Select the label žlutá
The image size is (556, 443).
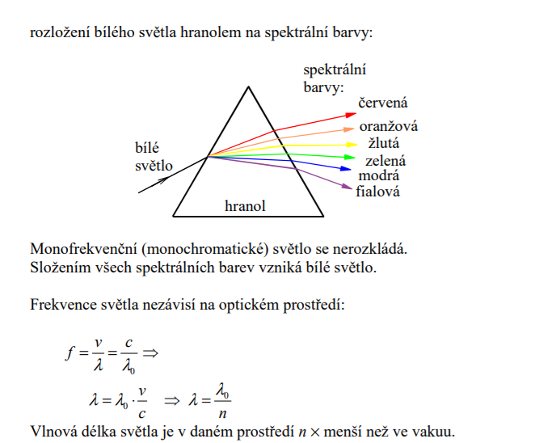384,144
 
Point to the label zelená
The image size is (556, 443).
385,161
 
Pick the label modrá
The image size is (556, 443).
379,175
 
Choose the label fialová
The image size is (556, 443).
377,192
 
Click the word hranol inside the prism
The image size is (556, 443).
245,206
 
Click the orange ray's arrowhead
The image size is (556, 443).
351,128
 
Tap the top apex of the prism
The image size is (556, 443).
248,87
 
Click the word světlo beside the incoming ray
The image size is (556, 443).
154,166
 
